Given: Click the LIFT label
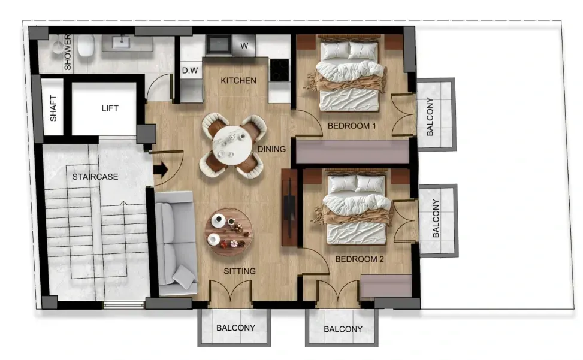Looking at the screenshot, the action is [110, 108].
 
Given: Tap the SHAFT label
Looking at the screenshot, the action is [53, 108].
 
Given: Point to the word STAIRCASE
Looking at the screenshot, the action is [95, 177].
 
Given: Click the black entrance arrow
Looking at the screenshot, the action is [161, 170].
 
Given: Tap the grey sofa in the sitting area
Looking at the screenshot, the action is [176, 243].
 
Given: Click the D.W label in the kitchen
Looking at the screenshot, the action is [189, 71].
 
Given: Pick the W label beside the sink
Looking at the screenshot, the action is [244, 46].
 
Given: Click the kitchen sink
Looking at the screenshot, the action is [219, 44].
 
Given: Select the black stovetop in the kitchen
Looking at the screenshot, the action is [279, 70].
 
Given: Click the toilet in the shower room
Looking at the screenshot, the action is [86, 46].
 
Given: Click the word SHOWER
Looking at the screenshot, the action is [67, 52].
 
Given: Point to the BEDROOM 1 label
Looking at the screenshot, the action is [352, 126].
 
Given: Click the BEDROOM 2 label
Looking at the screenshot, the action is [360, 259].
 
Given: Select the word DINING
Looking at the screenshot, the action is [272, 149].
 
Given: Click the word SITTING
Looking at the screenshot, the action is [240, 271].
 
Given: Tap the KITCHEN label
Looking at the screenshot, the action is [238, 81].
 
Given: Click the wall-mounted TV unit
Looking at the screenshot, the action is [289, 207].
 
